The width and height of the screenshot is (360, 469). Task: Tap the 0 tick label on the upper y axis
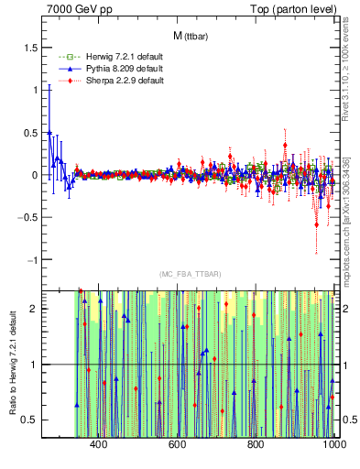pos(34,175)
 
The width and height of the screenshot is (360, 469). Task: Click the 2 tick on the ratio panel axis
pos(34,309)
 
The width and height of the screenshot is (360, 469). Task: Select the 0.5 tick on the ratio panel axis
pos(29,420)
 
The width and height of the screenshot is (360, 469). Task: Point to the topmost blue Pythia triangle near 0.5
pos(49,132)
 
